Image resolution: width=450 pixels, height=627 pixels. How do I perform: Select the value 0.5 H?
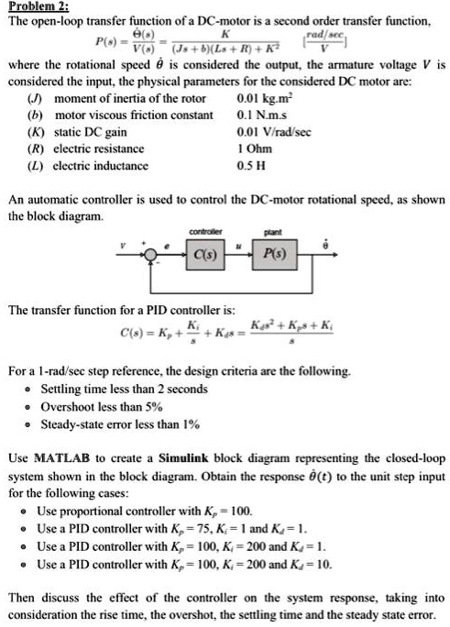coord(250,166)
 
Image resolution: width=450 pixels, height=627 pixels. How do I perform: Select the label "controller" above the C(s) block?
coord(203,232)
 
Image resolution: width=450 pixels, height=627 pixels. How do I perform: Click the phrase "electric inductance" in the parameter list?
coord(101,166)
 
